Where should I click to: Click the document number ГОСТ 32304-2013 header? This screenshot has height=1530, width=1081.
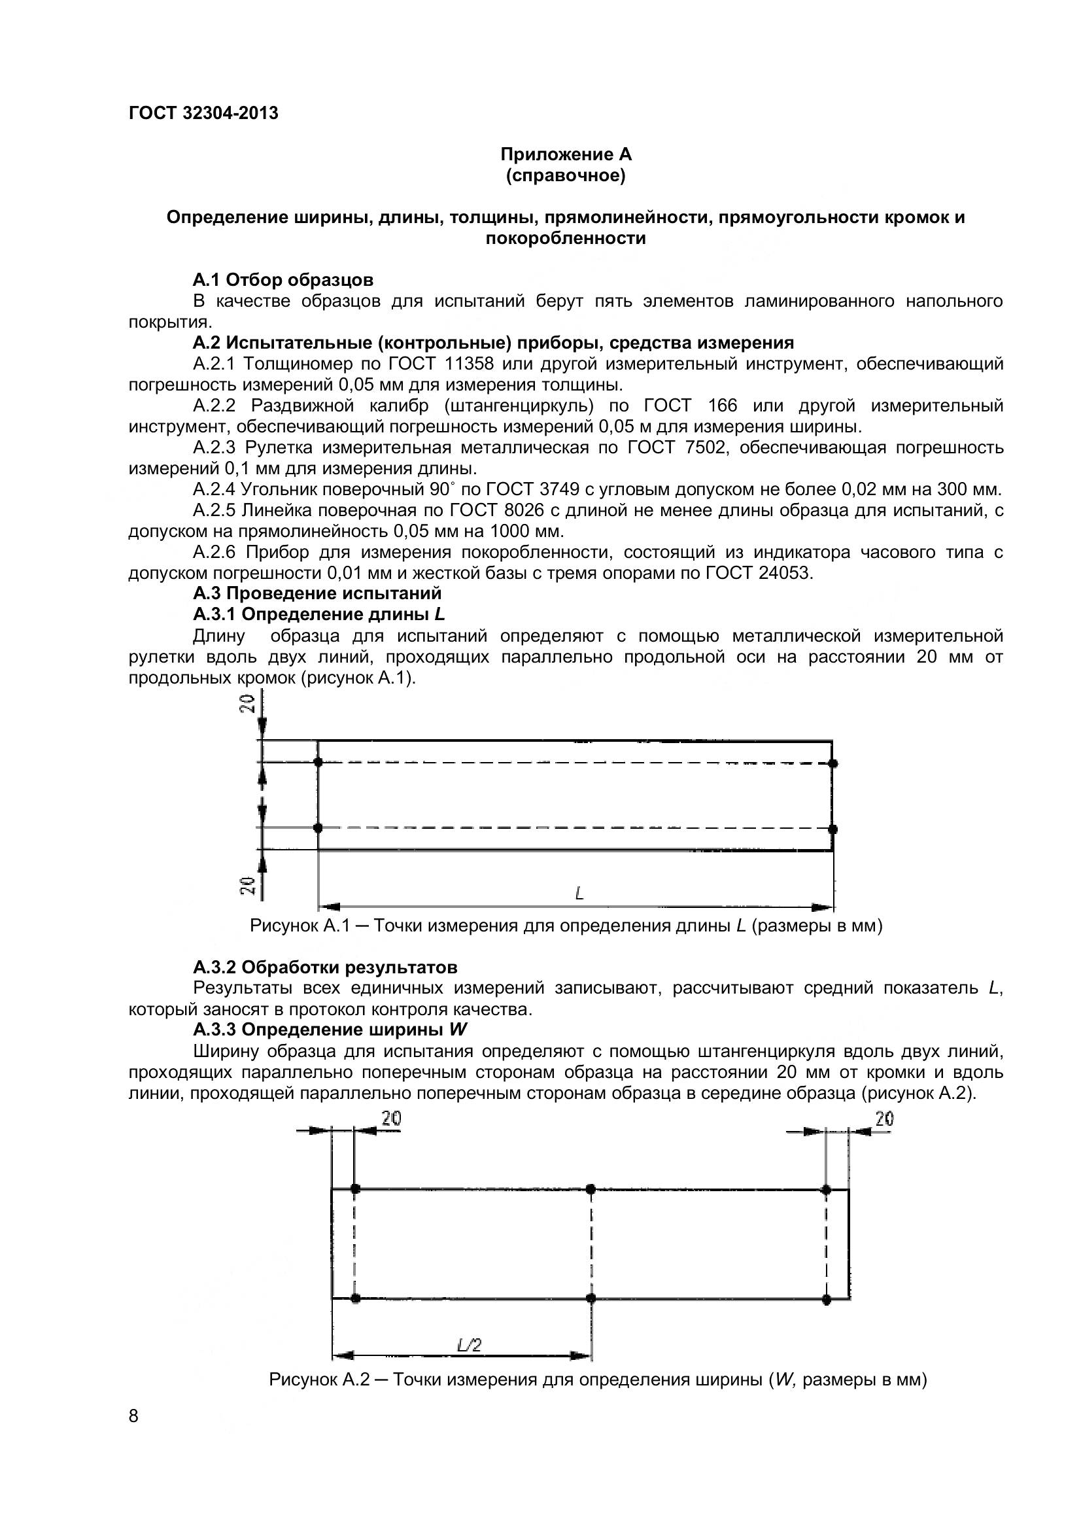click(x=203, y=113)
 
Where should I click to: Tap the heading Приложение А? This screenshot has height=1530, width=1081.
click(x=566, y=154)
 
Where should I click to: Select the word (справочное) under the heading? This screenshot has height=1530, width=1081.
click(x=566, y=176)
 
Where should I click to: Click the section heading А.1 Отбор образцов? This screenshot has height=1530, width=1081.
click(x=283, y=280)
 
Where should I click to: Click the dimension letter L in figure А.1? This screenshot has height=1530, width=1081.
click(x=579, y=894)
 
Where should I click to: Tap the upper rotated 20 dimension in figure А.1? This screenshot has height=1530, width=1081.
click(x=248, y=704)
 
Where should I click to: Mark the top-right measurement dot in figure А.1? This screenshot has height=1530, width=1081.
click(x=832, y=763)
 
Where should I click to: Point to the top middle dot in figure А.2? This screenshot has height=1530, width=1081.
click(x=591, y=1189)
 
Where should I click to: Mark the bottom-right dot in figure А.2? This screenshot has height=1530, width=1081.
click(x=827, y=1300)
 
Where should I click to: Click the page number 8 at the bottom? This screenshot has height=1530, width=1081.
click(x=133, y=1416)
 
